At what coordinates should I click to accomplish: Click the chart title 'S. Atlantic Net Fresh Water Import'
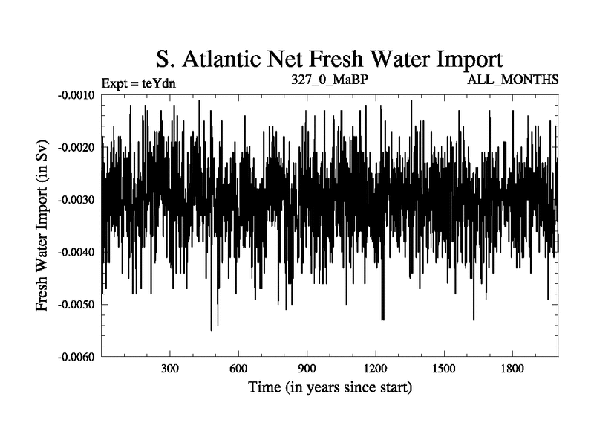329,59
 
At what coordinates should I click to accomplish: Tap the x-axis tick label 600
238,369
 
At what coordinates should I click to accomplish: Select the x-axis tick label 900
307,369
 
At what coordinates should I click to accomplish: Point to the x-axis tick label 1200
375,369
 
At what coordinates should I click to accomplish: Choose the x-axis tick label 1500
443,369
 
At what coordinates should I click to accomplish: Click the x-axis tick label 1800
512,369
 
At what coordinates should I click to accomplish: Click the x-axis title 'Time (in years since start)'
329,387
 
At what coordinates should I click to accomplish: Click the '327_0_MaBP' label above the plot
325,79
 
